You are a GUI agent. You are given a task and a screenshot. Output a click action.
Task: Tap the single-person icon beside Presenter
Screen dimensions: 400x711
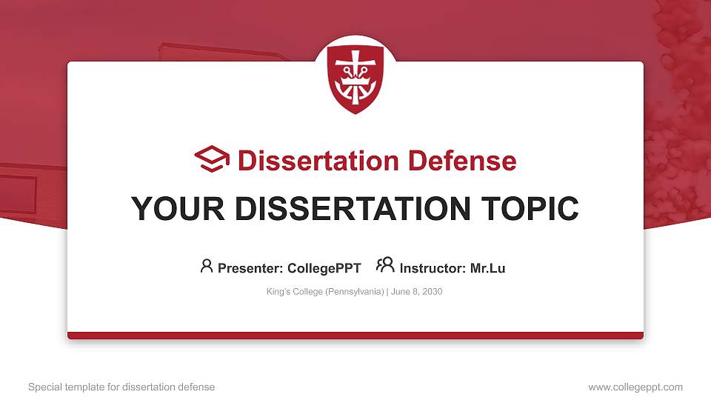[207, 266]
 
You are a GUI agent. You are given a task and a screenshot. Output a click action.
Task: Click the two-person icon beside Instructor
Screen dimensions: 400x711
[385, 266]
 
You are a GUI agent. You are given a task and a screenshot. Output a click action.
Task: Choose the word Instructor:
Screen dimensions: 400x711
[433, 268]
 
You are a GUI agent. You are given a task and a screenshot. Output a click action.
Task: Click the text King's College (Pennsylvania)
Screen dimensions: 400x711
[324, 292]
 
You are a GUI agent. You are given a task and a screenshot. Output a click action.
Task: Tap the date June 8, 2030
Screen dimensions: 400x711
[416, 292]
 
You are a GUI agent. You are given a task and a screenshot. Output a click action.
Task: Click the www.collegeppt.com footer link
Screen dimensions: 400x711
[635, 387]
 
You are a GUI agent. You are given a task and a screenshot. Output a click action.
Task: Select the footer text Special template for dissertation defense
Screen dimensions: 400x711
[121, 387]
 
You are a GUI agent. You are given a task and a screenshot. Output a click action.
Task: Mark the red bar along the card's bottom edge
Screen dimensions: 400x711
[355, 336]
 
